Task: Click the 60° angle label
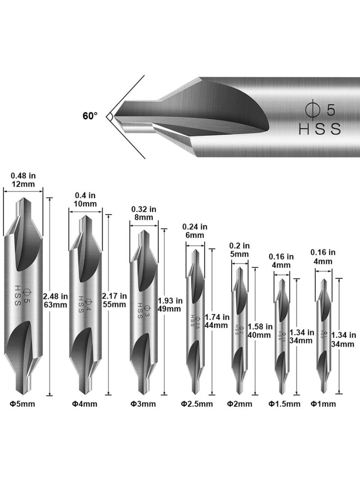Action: point(90,116)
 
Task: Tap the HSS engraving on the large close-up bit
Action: point(320,129)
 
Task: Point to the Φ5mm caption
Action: point(22,404)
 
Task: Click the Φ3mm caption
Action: point(143,404)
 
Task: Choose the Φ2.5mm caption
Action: point(197,404)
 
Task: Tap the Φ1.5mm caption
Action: point(284,404)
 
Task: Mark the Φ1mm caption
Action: point(323,404)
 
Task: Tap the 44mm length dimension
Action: point(216,325)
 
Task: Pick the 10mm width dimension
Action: point(85,204)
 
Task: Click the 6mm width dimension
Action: point(194,235)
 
